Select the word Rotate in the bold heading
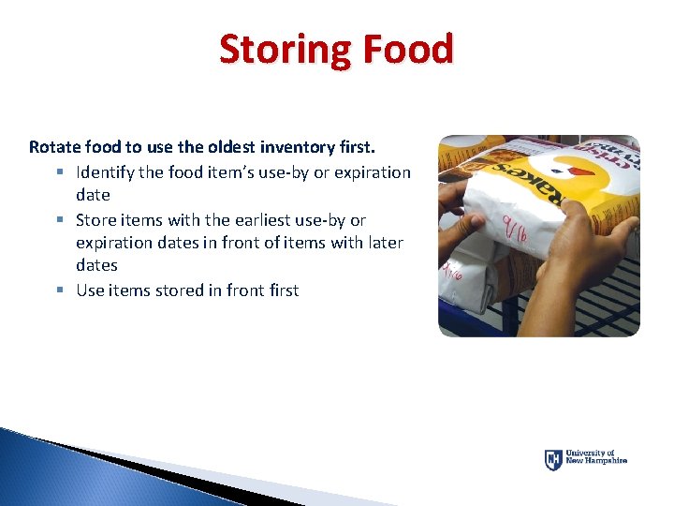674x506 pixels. [54, 147]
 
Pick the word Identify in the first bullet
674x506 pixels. [107, 172]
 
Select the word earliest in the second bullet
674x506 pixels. [258, 220]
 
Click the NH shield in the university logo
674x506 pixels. [553, 459]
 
